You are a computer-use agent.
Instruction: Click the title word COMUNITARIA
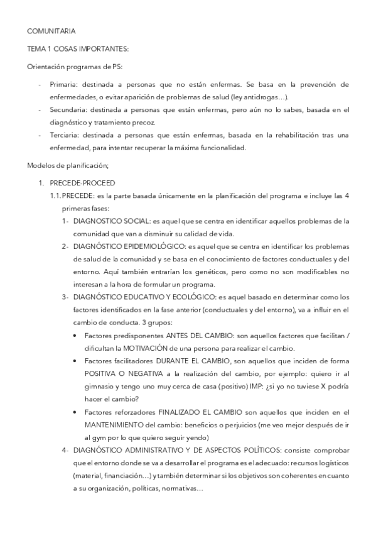point(51,30)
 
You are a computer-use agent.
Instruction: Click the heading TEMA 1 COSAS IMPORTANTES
point(78,48)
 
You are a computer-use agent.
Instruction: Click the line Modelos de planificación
point(68,165)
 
